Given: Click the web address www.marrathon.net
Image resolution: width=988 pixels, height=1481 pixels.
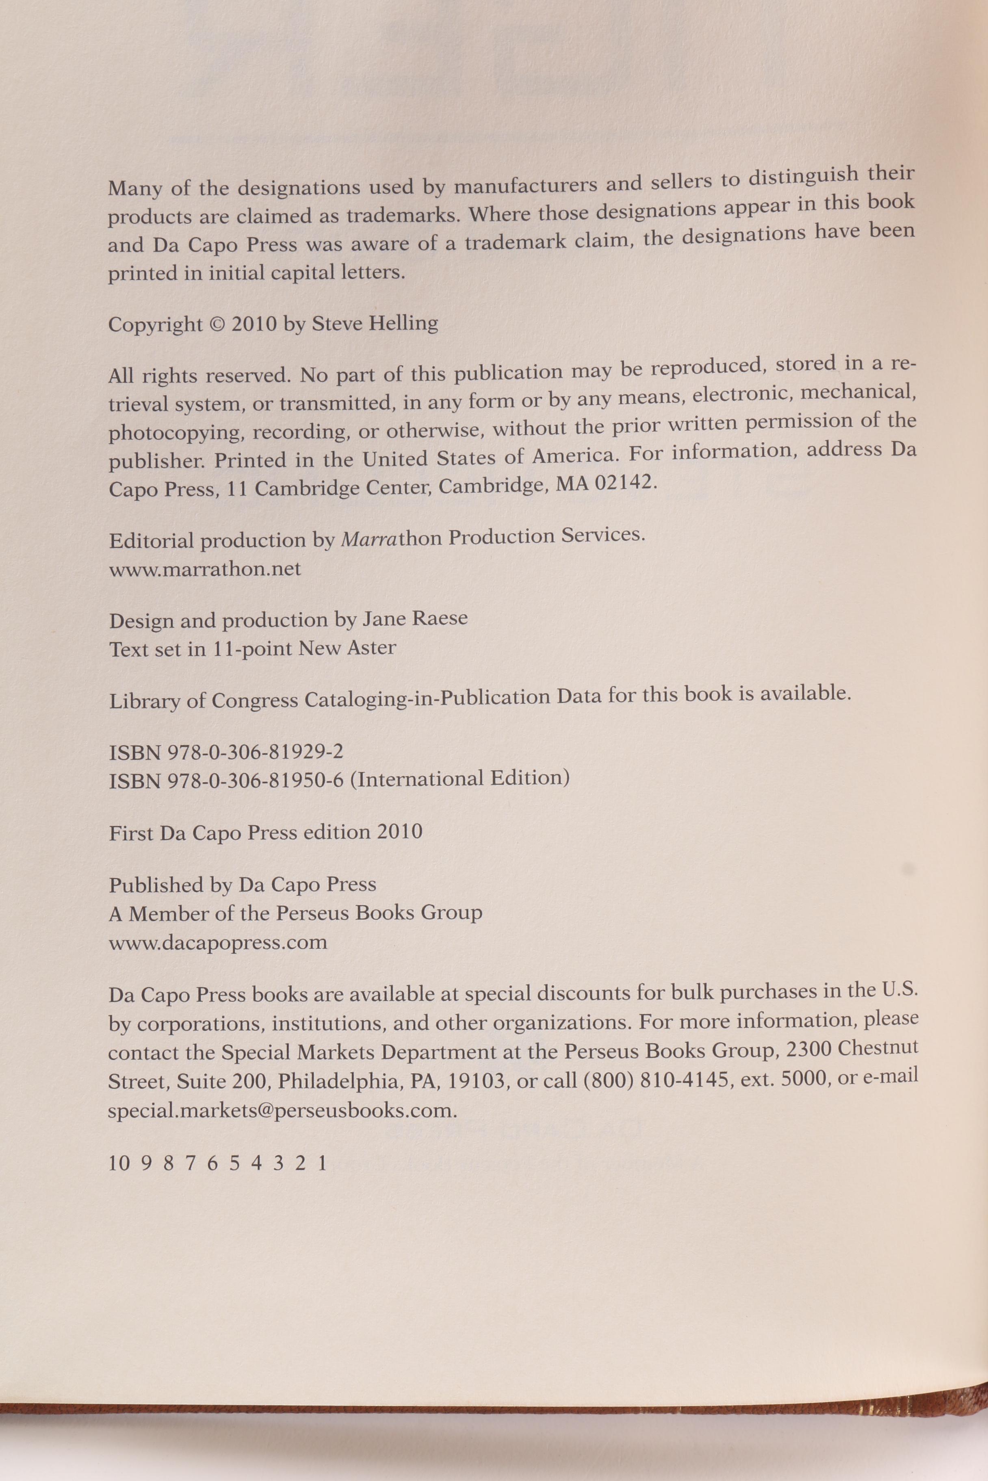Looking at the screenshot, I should click(205, 569).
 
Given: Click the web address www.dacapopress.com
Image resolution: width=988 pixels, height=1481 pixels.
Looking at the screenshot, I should click(218, 943).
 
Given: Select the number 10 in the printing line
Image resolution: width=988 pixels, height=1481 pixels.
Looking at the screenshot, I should click(119, 1163).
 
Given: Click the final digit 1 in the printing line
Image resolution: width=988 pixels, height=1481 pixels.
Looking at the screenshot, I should click(323, 1163).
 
